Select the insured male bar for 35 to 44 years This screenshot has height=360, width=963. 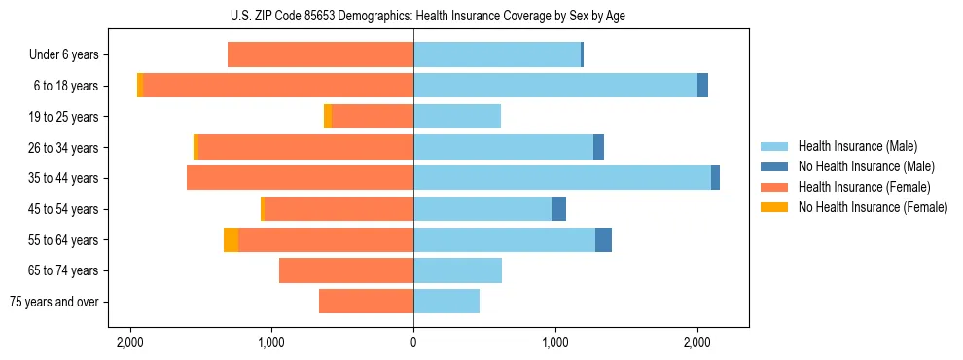coord(561,178)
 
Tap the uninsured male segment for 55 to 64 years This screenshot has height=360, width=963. coord(603,239)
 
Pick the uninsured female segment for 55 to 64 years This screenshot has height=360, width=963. coord(231,239)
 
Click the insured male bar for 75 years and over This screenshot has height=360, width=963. coord(446,302)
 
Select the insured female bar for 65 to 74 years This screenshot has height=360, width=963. coord(346,270)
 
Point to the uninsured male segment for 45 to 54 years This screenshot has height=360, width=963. coord(558,209)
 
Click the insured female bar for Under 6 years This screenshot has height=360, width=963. coord(320,54)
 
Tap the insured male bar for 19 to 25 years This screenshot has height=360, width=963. coord(457,117)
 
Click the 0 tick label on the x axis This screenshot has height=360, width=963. coord(413,342)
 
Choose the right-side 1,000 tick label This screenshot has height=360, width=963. coord(555,342)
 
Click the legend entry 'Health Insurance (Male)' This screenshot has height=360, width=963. coord(857,146)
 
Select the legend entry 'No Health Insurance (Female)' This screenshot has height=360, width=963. coord(873,207)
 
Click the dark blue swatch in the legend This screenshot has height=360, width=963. coord(774,166)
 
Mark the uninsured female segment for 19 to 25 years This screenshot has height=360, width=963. coord(328,117)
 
